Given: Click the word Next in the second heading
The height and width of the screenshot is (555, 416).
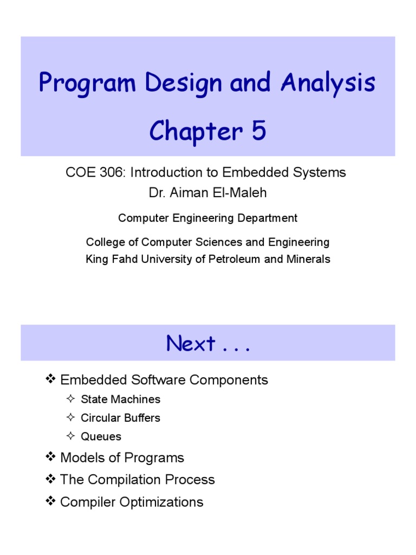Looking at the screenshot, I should [191, 344].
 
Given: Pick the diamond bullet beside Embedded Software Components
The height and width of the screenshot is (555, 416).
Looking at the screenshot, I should [50, 379].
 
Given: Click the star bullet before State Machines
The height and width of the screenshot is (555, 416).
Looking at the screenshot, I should [70, 399].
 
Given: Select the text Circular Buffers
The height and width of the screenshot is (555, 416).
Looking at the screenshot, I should [120, 418].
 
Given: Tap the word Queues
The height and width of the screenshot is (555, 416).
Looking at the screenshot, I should [101, 436].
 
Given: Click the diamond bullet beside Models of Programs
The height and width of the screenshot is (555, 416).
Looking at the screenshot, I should [50, 457].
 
